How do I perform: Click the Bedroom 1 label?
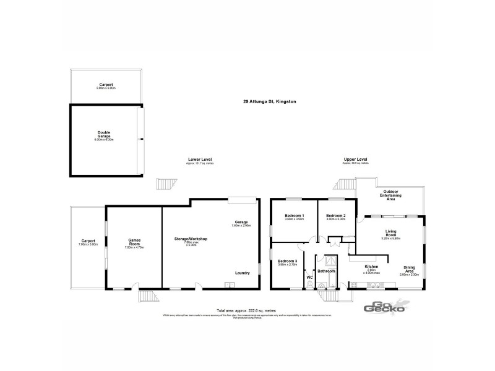point(295,215)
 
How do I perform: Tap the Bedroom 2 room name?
point(335,215)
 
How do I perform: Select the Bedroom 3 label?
point(287,261)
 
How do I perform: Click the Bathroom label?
point(326,271)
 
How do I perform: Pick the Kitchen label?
point(371,267)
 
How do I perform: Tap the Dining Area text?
point(410,269)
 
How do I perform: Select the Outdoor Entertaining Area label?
point(391,195)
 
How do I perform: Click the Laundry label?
point(243,273)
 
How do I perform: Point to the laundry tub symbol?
point(230,285)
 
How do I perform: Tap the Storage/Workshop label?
point(191,239)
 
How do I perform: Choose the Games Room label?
point(134,241)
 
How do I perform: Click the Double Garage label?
point(103,134)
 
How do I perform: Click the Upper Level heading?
point(356,159)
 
